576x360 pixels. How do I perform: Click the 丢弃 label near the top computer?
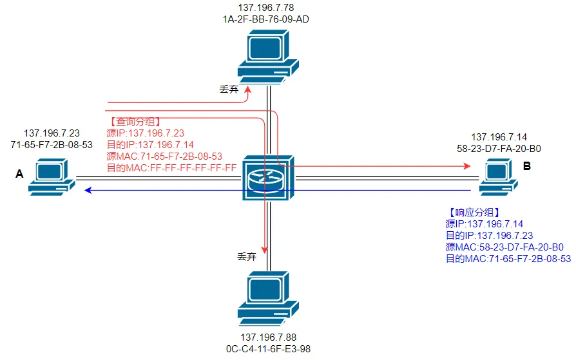point(229,90)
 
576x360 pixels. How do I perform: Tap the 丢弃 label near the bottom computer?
point(247,256)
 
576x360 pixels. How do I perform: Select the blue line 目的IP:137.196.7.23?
point(489,236)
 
